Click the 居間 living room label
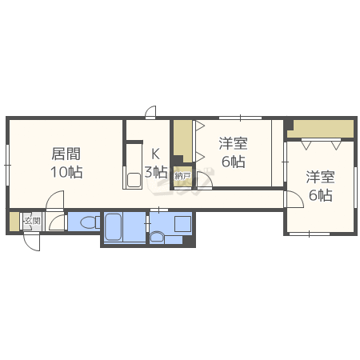point(66,154)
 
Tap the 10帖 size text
point(66,172)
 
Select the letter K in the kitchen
point(155,154)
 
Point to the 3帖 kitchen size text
point(156,172)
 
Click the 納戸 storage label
point(182,176)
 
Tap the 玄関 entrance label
point(32,221)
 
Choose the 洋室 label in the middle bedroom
point(234,143)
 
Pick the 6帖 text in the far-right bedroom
point(321,195)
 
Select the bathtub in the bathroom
point(114,227)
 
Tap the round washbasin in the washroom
point(157,238)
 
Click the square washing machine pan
point(183,224)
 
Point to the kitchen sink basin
point(134,180)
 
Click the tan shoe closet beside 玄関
point(14,222)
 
